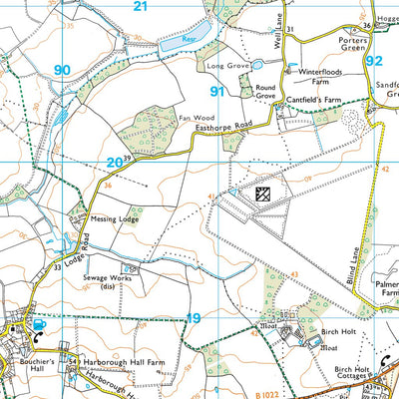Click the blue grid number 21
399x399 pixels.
tap(141, 7)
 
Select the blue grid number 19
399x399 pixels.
tap(195, 318)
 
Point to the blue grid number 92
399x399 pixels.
tap(374, 60)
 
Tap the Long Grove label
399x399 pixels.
tap(226, 66)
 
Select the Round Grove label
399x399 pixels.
tap(265, 92)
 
